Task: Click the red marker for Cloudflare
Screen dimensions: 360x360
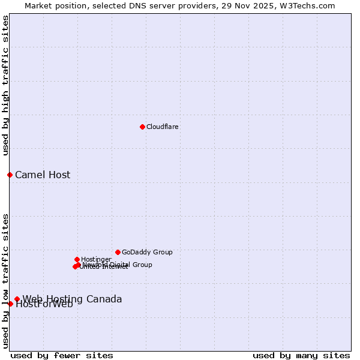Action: point(142,127)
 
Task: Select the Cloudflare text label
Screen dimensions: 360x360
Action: point(163,127)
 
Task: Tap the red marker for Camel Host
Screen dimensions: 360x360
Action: point(10,175)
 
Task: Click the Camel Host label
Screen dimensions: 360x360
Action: point(43,175)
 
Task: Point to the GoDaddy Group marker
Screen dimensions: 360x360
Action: point(118,252)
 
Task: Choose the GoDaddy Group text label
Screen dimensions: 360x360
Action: point(147,253)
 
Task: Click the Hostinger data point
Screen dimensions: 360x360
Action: point(77,259)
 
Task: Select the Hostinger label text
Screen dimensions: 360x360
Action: point(96,259)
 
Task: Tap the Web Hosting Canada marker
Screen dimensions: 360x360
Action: point(17,299)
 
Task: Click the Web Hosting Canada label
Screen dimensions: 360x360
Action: point(72,299)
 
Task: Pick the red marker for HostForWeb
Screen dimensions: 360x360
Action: point(10,304)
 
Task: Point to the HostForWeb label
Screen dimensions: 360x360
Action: point(44,304)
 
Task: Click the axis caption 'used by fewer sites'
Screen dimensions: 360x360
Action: point(62,355)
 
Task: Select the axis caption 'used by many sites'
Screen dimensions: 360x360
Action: point(301,355)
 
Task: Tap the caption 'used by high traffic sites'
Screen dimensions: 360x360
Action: point(6,85)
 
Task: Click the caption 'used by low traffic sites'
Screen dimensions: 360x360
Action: point(6,281)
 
